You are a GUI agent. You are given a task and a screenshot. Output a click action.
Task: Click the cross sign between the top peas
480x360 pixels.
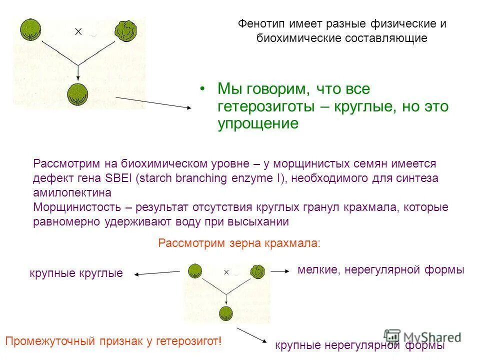coord(78,31)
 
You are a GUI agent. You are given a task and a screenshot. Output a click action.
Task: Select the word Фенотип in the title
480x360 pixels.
coord(260,23)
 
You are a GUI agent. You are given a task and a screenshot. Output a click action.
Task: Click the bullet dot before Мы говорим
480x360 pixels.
coord(202,88)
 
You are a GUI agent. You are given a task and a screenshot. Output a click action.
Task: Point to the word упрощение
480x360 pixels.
coord(257,123)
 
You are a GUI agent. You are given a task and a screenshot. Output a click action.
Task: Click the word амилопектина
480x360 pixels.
coord(72,192)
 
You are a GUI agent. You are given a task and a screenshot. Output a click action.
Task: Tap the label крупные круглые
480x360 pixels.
coord(76,273)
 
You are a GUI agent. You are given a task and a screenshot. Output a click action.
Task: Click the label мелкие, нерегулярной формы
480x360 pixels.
coord(381,270)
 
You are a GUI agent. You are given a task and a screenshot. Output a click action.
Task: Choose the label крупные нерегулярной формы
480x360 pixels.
coord(360,345)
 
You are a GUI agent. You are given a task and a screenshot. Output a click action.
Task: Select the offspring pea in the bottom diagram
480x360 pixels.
coord(226,314)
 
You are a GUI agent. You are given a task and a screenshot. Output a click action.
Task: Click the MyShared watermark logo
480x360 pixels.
coord(422,336)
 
